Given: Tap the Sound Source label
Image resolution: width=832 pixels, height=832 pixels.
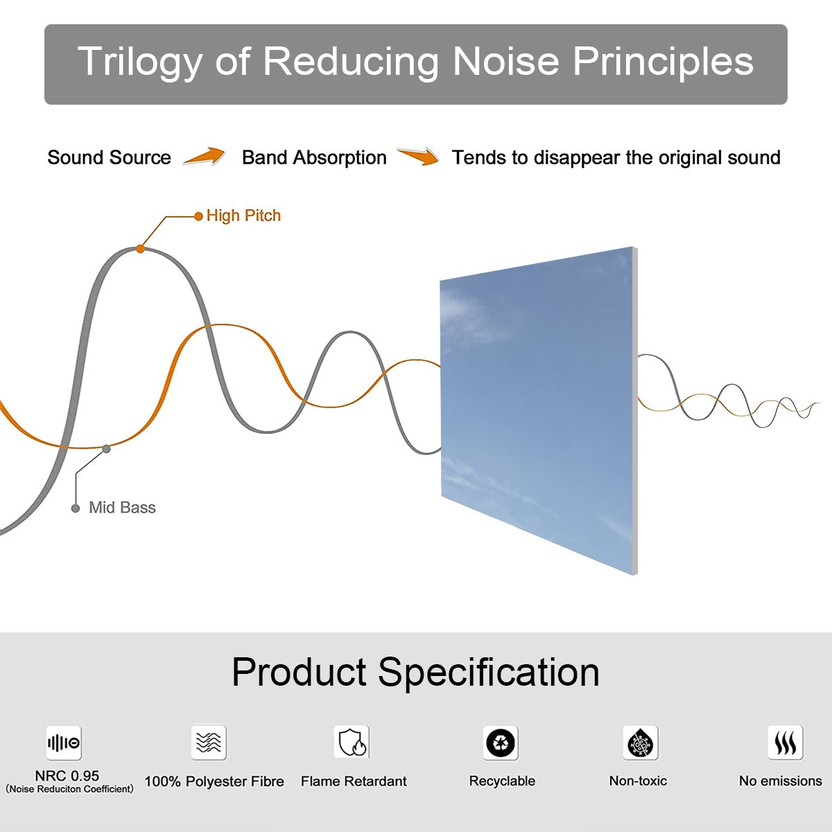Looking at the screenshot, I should click(109, 158).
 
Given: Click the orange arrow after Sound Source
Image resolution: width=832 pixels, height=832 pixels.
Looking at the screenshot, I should click(205, 157).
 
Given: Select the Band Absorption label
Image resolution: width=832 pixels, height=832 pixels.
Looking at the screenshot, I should click(314, 158).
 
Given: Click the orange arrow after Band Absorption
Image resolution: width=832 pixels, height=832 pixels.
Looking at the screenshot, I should click(418, 157).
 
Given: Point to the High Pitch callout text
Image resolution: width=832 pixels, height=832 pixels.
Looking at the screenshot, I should click(243, 216).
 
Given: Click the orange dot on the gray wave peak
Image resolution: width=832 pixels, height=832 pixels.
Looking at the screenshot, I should click(140, 248).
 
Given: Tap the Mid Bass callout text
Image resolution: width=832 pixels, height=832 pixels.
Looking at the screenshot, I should click(122, 508).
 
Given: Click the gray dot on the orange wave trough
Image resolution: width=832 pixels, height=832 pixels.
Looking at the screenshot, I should click(106, 449).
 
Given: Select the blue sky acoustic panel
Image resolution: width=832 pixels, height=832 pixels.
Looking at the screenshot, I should click(537, 409).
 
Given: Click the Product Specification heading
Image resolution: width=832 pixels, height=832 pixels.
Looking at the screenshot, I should click(415, 672).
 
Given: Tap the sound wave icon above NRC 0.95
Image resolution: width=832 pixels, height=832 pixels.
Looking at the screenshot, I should click(64, 743).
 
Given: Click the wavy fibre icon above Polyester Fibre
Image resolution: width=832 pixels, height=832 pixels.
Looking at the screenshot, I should click(209, 743).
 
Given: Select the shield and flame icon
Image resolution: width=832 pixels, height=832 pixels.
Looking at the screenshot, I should click(352, 743).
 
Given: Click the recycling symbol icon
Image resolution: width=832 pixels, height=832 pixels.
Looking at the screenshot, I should click(501, 743).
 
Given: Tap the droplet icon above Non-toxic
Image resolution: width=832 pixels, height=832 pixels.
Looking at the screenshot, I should click(640, 743).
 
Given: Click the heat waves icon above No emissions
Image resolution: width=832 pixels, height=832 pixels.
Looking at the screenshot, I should click(785, 743).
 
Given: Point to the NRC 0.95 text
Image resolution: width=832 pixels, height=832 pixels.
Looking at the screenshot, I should click(67, 776).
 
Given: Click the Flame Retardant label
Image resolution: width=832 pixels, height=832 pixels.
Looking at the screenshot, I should click(354, 781).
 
